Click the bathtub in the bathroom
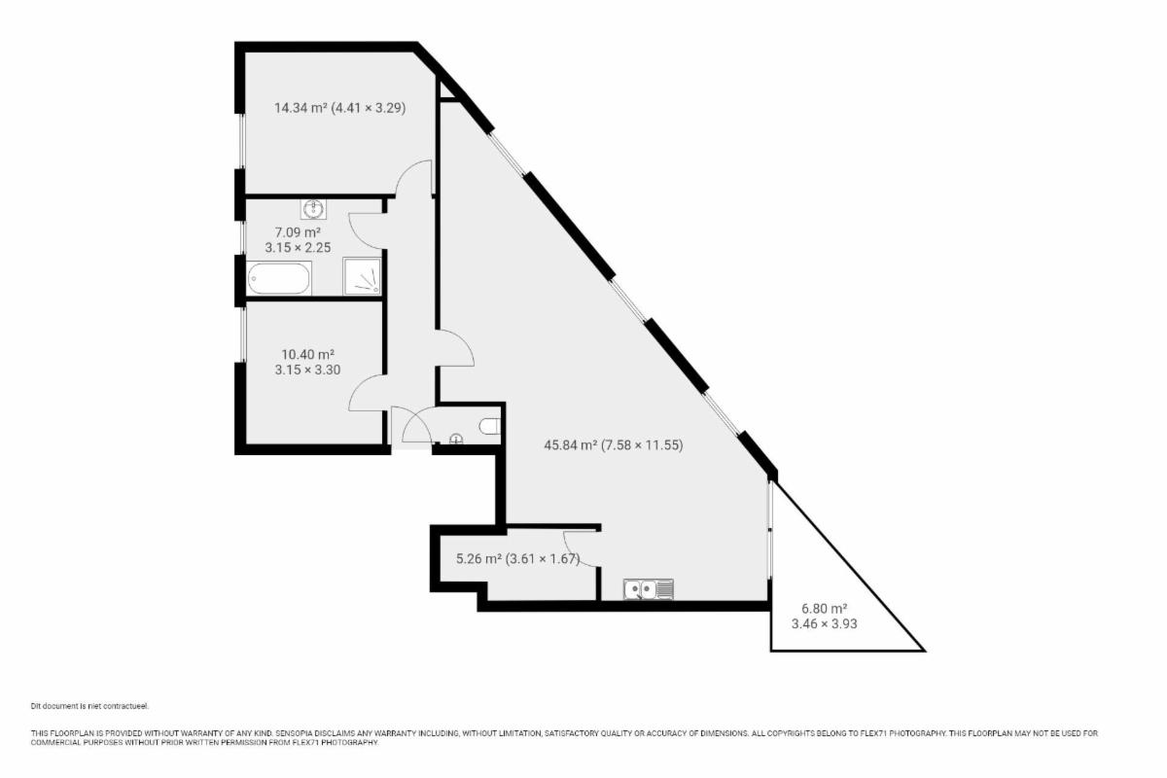pos(279,278)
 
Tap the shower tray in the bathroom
pos(362,276)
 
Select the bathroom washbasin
pos(313,209)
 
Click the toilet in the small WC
pos(490,426)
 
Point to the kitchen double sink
pos(649,589)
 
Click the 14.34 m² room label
pos(339,108)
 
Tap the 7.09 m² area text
pos(298,232)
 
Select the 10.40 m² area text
pos(307,354)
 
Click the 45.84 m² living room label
pos(614,445)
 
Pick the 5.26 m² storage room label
pos(517,558)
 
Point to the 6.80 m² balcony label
pos(825,608)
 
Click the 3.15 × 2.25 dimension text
pos(298,248)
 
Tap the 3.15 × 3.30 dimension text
pos(307,370)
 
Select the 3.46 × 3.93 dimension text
pos(825,623)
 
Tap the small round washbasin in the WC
pos(456,440)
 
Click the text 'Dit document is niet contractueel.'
pos(89,706)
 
